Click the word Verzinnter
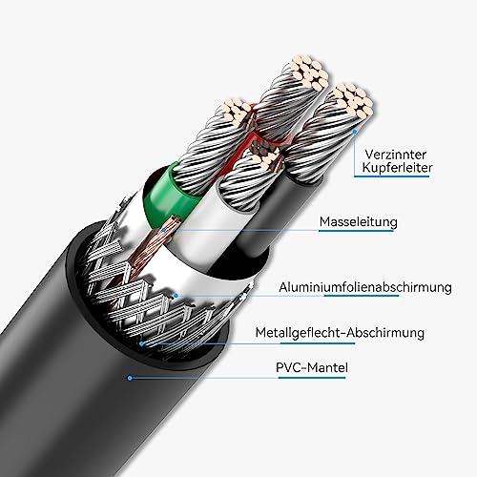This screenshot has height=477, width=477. (x=396, y=155)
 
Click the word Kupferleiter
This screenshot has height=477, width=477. (x=397, y=168)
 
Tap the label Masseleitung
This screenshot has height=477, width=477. (x=359, y=221)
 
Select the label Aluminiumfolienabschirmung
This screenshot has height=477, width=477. (x=365, y=287)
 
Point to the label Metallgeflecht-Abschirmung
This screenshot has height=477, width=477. (x=340, y=333)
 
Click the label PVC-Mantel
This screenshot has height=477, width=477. (x=312, y=367)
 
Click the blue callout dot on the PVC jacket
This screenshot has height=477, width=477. (x=130, y=378)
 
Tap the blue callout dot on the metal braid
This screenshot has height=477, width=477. (x=142, y=343)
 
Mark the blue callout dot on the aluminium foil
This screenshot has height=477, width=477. (x=176, y=296)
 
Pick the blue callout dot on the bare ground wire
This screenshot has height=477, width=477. (x=163, y=230)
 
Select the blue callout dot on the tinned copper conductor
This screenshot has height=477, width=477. (x=355, y=131)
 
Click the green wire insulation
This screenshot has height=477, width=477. (x=165, y=194)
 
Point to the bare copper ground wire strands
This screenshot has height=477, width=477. (x=150, y=246)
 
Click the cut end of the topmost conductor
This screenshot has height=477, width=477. (x=309, y=73)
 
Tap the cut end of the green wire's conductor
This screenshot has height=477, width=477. (x=237, y=111)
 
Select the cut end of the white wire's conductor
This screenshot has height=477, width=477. (x=266, y=159)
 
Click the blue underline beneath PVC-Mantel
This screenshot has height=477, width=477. (x=312, y=378)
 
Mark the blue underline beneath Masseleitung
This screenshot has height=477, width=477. (x=356, y=231)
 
